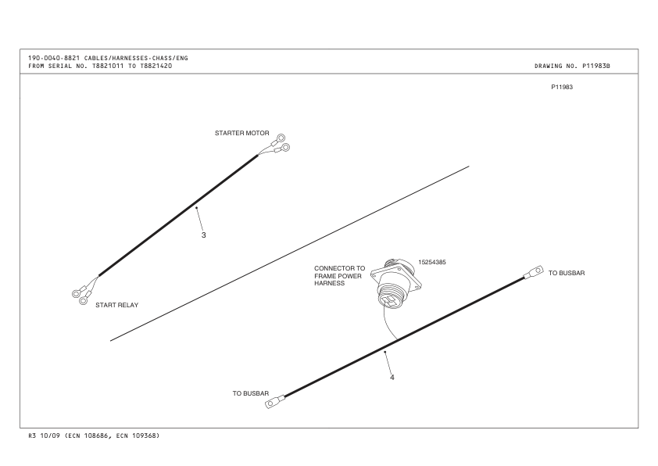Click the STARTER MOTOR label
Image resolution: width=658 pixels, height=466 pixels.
coord(241,133)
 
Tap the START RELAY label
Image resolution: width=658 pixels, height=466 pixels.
coord(116,305)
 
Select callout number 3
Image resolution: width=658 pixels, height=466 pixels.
coord(203,235)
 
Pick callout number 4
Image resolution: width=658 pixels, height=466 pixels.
coord(392,378)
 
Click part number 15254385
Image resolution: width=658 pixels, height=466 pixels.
coord(432,263)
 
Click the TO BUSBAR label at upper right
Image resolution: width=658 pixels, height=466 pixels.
coord(566,273)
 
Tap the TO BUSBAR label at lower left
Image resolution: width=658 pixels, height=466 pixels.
coord(251,393)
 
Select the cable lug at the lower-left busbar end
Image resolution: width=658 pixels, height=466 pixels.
coord(274,402)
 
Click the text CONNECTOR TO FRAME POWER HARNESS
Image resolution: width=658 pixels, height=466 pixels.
coord(339,276)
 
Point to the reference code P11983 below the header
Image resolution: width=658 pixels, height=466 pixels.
coord(562,88)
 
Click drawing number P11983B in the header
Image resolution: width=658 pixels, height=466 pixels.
coord(596,66)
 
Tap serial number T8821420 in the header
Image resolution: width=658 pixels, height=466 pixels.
coord(156,66)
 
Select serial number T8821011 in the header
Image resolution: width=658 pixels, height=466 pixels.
coord(108,66)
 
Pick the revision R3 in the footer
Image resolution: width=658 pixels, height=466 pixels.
coord(32,436)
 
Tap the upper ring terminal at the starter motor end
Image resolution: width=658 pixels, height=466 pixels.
coord(281,138)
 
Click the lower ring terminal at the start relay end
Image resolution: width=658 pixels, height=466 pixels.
coord(83,300)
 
